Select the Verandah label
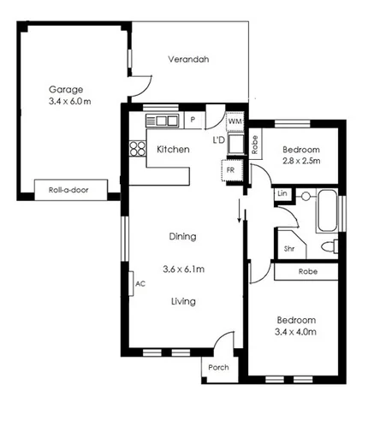187,60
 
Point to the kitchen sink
163,120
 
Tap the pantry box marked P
193,120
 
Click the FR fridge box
229,171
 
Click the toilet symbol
329,247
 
